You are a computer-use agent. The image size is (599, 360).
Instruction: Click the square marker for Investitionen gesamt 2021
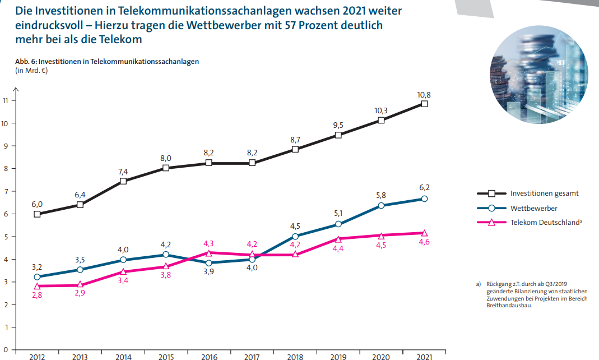[x=424, y=104]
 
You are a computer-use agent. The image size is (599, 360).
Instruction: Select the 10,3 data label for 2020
[x=382, y=110]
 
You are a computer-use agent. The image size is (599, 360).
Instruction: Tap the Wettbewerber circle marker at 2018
[x=295, y=236]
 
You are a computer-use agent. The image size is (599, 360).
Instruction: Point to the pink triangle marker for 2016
[x=209, y=253]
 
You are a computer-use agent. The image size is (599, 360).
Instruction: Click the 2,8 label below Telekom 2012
[x=37, y=296]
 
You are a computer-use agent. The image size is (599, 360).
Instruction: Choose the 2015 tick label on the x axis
[x=166, y=356]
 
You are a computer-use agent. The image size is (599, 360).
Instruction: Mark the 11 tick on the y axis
[x=6, y=101]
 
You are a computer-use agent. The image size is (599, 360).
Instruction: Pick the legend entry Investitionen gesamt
[x=544, y=193]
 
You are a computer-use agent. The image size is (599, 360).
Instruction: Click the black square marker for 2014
[x=123, y=181]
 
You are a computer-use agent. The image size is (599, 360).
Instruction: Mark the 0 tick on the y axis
[x=6, y=349]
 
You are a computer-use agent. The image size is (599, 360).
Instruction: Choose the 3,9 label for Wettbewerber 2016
[x=209, y=273]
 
